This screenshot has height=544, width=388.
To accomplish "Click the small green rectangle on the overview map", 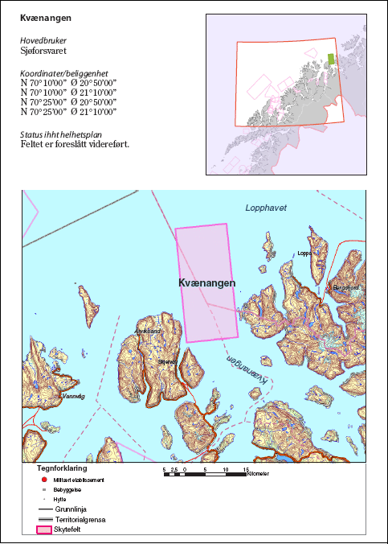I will [330, 59].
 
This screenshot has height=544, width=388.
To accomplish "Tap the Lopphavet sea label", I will [265, 208].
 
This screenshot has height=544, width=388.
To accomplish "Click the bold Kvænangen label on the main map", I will [207, 283].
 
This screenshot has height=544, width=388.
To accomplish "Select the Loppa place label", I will [304, 253].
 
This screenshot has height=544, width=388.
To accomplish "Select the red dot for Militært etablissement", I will [43, 480].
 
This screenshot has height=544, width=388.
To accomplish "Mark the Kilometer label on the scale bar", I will [259, 473].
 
